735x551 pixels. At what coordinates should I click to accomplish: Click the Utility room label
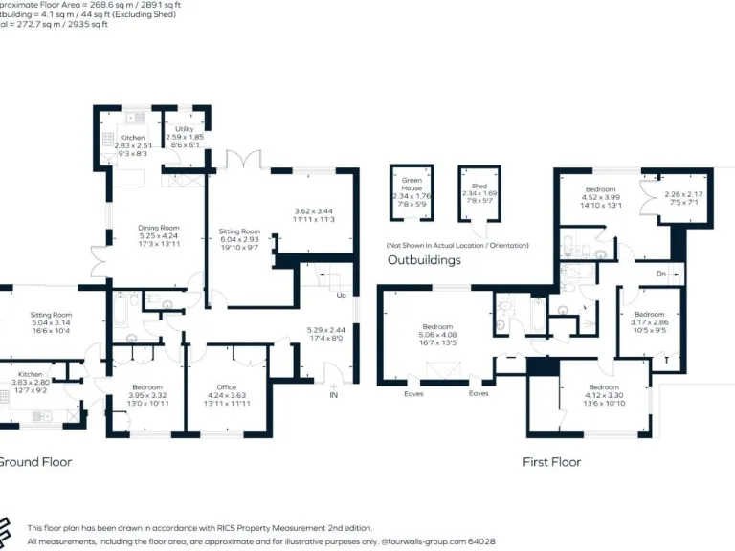185,129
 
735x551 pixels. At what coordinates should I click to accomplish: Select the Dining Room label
159,228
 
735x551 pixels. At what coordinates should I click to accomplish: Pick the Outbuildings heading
424,260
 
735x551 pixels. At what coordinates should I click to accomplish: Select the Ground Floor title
33,462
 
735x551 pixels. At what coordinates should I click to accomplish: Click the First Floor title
551,462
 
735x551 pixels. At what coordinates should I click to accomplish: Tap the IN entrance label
333,395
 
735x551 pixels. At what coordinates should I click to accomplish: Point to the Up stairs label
342,295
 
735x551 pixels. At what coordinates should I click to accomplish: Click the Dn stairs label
660,273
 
